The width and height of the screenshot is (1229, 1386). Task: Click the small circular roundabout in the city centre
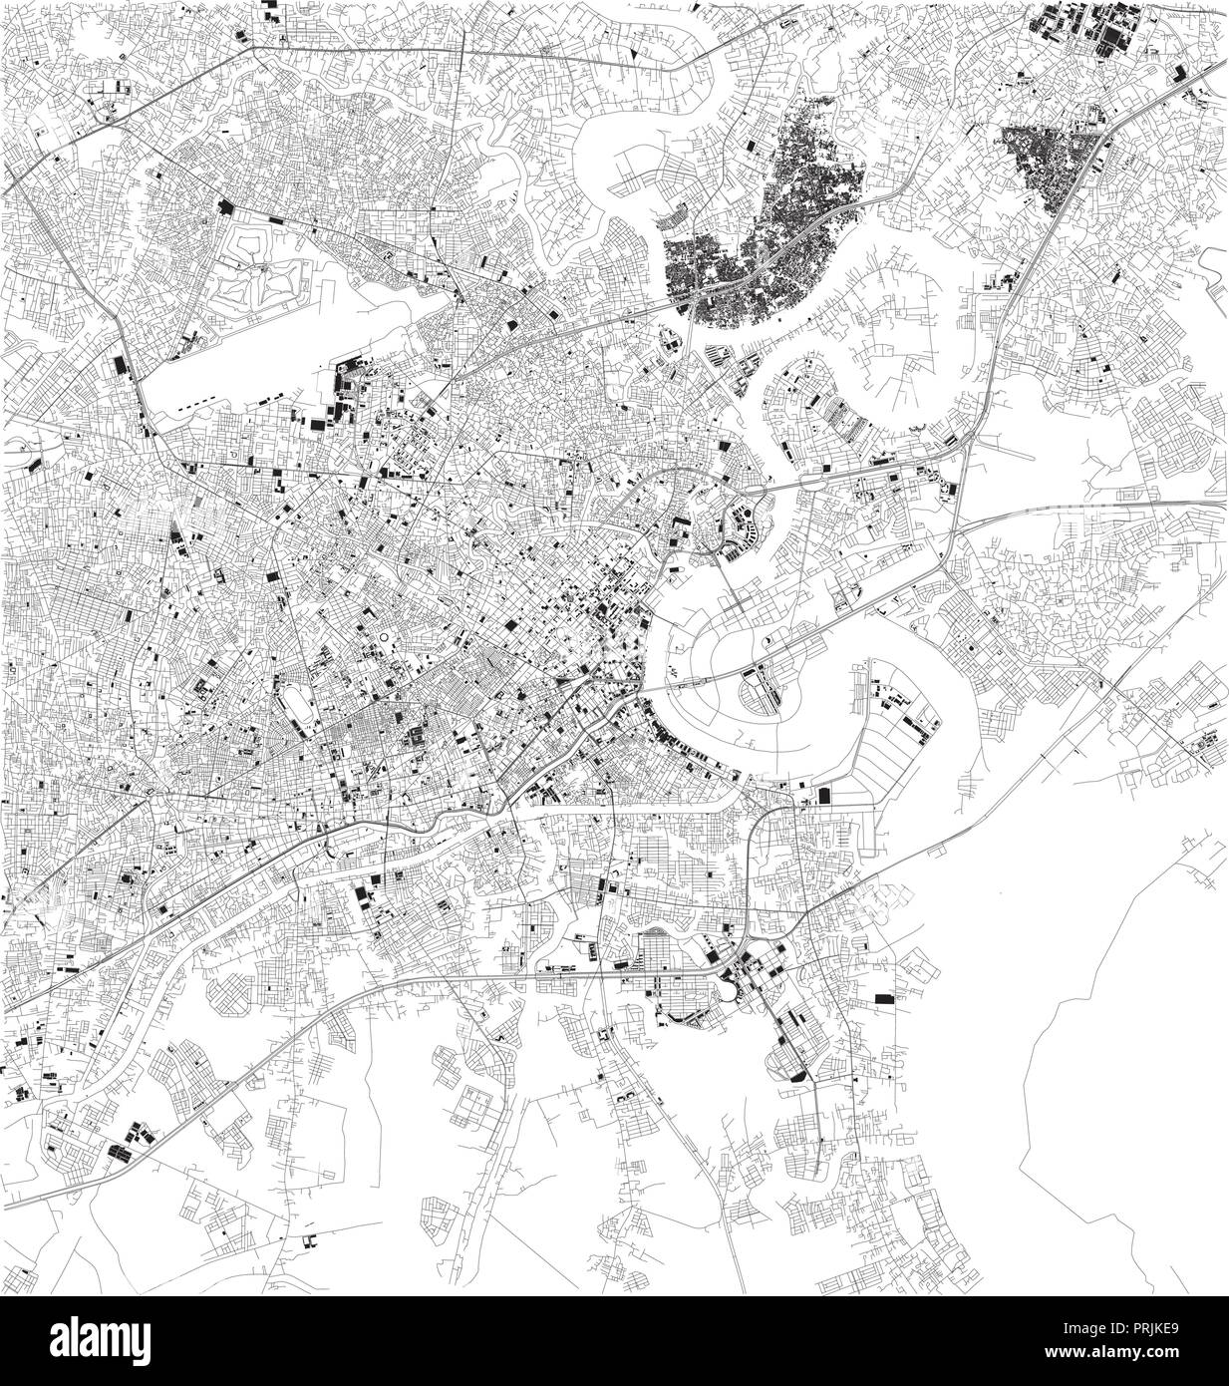click(384, 634)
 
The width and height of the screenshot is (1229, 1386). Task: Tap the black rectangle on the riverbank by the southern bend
click(824, 795)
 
